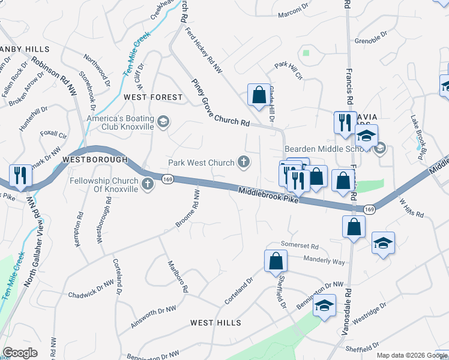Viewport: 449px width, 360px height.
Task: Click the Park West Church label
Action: point(201,163)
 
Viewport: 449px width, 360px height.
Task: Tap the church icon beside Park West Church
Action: point(244,161)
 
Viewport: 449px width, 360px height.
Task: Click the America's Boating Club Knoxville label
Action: point(120,122)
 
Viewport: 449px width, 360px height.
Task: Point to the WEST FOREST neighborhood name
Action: point(152,97)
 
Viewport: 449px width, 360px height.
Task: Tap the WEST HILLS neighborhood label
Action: point(215,323)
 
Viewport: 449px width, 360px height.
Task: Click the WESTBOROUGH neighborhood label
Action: point(95,160)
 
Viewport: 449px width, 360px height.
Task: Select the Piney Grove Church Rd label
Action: point(220,103)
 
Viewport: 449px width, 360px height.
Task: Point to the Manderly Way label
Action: point(324,262)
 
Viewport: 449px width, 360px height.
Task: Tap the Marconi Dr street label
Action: point(295,8)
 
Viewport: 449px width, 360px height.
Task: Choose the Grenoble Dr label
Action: point(371,41)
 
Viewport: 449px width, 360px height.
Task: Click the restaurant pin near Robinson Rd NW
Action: point(20,175)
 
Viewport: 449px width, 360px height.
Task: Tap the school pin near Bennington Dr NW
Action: point(324,306)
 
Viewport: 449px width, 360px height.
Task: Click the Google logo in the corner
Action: point(20,353)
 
